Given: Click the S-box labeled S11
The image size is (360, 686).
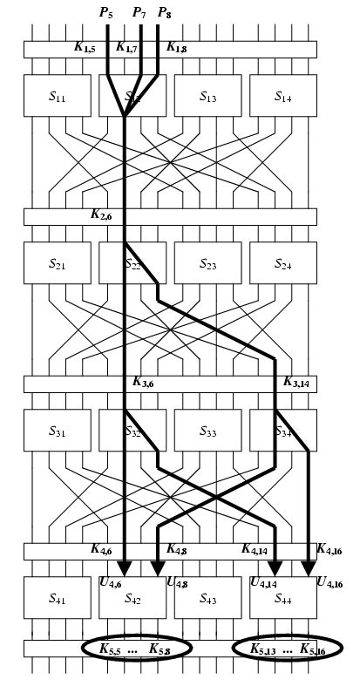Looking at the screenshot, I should (x=57, y=96).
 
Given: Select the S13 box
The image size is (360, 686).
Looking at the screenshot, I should (x=207, y=96).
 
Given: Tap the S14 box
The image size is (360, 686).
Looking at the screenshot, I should (x=283, y=96).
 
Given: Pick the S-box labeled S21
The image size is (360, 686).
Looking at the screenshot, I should (x=57, y=263).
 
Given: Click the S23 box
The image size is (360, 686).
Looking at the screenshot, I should (x=207, y=263).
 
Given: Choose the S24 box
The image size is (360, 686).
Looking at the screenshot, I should (x=283, y=263).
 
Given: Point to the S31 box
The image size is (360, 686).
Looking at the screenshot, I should (x=57, y=431).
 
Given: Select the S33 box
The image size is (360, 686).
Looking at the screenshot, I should (x=207, y=431).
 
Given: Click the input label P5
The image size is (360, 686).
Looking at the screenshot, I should (x=106, y=12).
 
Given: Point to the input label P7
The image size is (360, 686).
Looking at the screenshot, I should (x=139, y=12).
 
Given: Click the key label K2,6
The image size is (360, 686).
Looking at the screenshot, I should (x=101, y=214).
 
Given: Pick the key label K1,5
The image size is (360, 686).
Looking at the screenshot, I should (x=85, y=47).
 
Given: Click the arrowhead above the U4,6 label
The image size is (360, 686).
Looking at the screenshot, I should (x=125, y=567).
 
